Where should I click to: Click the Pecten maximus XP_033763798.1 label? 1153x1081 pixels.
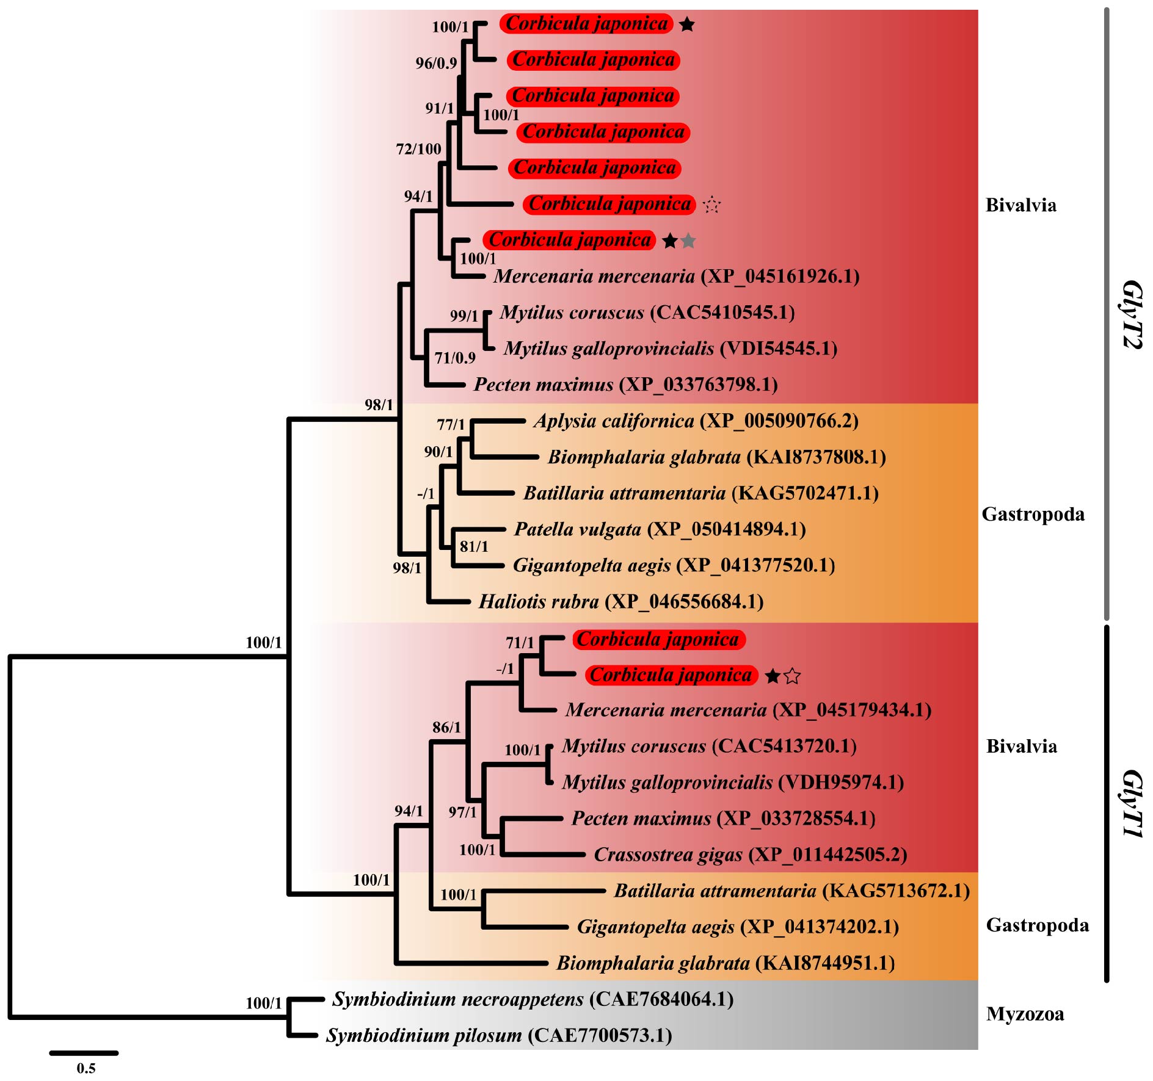pos(625,385)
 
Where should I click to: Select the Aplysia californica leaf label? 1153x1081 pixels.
pos(696,421)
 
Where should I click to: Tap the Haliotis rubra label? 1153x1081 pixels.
pos(620,602)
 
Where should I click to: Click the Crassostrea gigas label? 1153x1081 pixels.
pos(750,855)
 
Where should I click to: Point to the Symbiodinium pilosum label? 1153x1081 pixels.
pos(498,1036)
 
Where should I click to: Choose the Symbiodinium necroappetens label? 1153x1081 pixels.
pos(533,999)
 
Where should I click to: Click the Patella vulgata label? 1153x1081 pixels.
pos(660,529)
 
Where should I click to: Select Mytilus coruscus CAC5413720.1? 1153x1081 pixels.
pos(709,746)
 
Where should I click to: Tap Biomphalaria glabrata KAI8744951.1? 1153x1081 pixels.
pos(726,963)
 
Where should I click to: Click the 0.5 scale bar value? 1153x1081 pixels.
pos(86,1068)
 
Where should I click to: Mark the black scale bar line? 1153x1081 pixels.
pos(84,1053)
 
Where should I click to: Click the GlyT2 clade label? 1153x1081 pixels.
pos(1131,314)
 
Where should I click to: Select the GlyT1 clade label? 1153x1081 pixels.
pos(1131,803)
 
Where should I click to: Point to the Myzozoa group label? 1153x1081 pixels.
pos(1025,1014)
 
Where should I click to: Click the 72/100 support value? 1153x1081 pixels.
pos(418,149)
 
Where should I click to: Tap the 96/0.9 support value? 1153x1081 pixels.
pos(436,63)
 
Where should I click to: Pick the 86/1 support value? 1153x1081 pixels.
pos(446,728)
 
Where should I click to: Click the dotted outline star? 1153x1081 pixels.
pos(711,204)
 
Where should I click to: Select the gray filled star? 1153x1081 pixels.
pos(688,241)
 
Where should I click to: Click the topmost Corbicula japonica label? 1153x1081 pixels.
pos(586,24)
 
